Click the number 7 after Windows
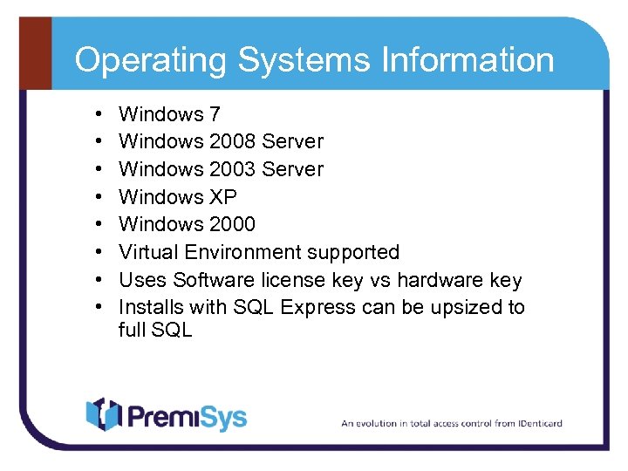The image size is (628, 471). [x=215, y=114]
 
